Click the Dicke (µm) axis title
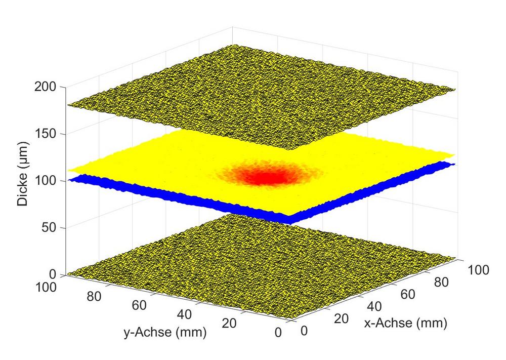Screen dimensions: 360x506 (23, 181)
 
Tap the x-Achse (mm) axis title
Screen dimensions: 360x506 (405, 323)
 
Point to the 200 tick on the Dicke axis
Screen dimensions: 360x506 (48, 87)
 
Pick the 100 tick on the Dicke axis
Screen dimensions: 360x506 (48, 181)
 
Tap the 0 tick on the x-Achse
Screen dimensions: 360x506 (304, 330)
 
